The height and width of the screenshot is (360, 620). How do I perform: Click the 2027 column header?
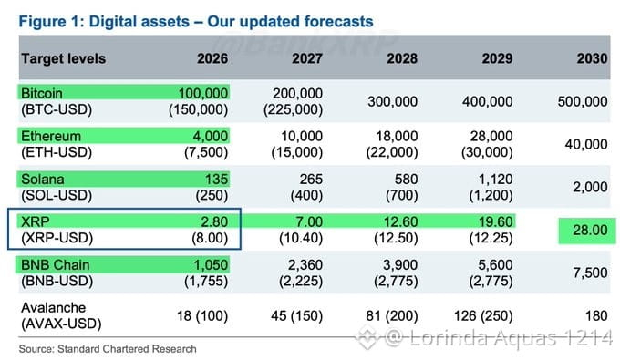point(307,58)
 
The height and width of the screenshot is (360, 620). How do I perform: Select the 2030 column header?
point(592,58)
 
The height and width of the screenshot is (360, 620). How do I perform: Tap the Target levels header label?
point(63,58)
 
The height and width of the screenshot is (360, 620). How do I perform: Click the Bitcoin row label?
point(42,93)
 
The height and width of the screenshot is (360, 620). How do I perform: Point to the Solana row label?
point(42,179)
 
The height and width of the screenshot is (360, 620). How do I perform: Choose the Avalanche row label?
point(54,307)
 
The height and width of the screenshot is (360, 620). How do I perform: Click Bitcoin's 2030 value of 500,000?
point(583,101)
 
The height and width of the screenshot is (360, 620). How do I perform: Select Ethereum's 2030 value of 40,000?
point(586,144)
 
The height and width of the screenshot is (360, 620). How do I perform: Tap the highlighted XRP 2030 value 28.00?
point(590,230)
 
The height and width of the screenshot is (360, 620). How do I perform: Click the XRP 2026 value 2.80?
point(214,221)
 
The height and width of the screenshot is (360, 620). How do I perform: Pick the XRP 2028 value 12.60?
point(400,221)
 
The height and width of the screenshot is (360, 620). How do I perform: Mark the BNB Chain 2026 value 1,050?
point(211,265)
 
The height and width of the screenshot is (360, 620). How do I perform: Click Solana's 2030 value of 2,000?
point(590,187)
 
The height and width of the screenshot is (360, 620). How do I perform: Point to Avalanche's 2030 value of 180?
point(596,315)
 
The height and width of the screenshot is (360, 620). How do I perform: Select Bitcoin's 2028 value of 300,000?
point(393,101)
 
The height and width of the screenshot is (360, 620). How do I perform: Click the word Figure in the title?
point(42,21)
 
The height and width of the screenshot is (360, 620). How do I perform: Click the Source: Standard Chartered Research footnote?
point(108,349)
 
